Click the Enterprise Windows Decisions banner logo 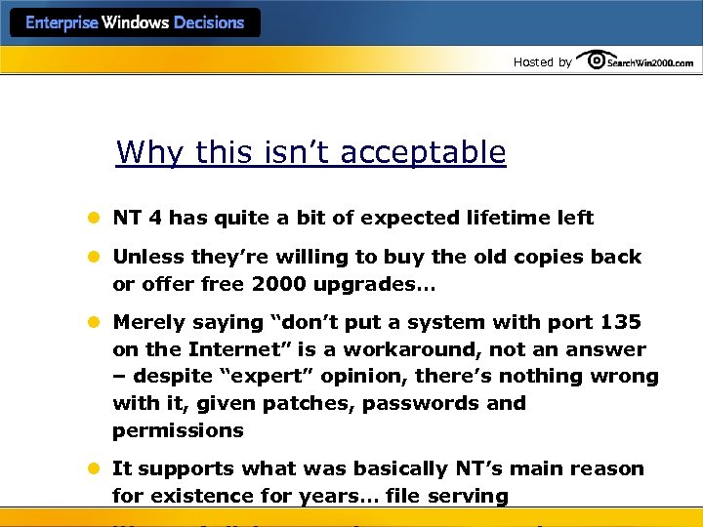click(135, 22)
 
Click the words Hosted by click(542, 62)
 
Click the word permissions click(178, 430)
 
